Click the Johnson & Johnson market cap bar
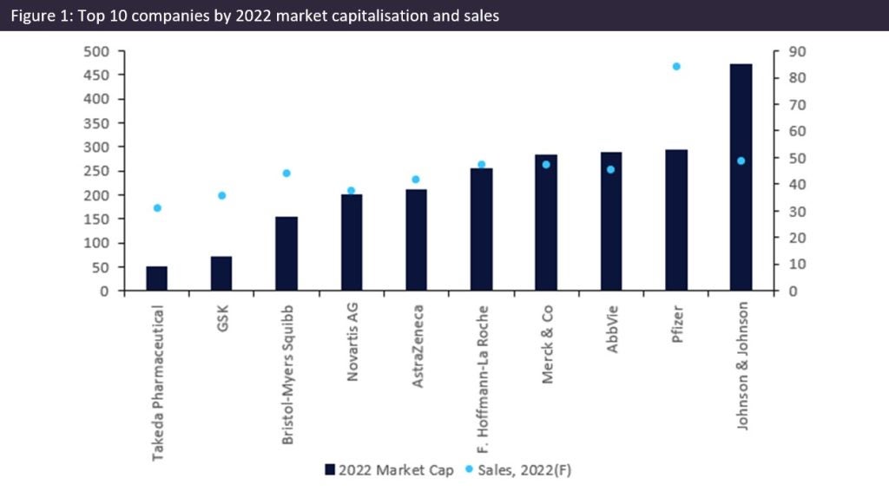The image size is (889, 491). pos(741,178)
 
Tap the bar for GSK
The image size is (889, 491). pos(222,273)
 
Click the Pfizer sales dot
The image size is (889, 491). pos(676,66)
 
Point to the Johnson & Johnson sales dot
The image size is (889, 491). pos(741,160)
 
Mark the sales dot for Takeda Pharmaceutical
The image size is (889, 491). pos(157,208)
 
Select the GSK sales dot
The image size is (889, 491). pos(222,196)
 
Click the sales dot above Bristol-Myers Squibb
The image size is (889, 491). pos(286,173)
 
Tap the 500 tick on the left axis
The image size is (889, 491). pos(101,51)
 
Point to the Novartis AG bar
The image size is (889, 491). pos(352,243)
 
